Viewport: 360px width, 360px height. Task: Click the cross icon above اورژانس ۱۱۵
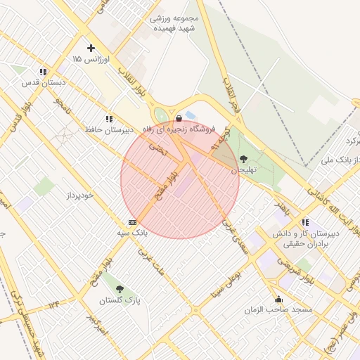click(90, 49)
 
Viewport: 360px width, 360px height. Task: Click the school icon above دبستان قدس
click(43, 72)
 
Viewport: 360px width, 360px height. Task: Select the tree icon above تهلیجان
click(244, 159)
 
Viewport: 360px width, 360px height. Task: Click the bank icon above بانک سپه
click(132, 221)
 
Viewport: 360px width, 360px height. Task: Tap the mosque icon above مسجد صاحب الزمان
click(279, 298)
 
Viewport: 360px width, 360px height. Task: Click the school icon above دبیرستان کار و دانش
click(304, 222)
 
